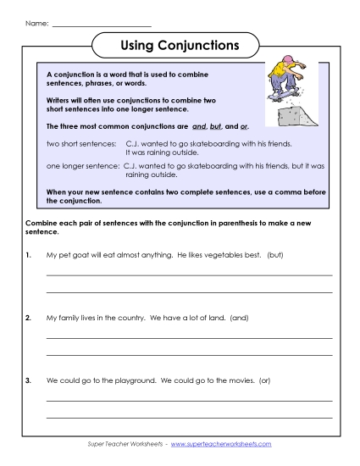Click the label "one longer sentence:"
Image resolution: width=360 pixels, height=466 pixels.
[82, 168]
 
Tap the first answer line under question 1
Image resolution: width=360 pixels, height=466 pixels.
[189, 275]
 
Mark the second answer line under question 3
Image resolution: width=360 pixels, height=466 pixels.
[189, 417]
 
